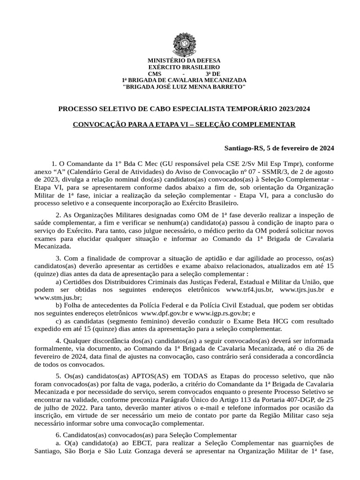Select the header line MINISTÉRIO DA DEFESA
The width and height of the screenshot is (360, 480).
[x=184, y=61]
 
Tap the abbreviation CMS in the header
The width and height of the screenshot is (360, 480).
[x=154, y=74]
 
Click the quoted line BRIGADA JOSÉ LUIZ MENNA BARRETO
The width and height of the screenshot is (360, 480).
[x=184, y=87]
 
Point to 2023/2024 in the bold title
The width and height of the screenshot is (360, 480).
[x=293, y=109]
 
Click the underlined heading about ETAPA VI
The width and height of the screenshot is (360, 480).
[x=184, y=124]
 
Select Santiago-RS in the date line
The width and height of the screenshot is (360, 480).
[x=244, y=148]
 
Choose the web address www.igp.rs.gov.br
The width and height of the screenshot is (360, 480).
[x=220, y=312]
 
